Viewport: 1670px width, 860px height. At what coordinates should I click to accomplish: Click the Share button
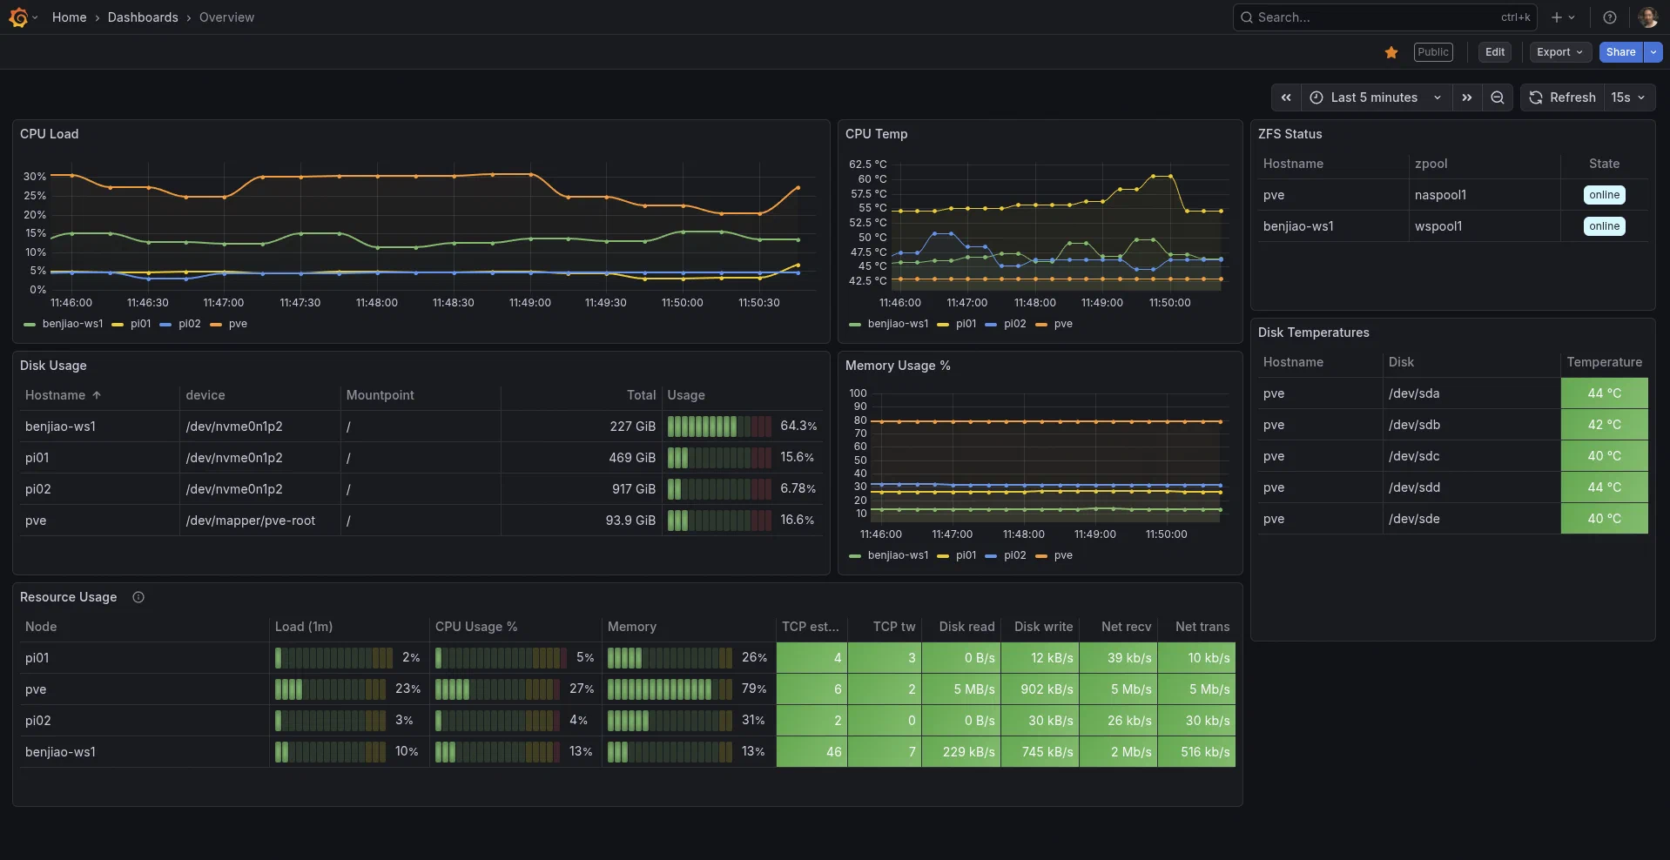[x=1619, y=52]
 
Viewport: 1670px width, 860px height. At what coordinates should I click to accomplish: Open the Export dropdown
[x=1559, y=52]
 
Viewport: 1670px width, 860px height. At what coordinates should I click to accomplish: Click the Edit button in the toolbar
[x=1494, y=52]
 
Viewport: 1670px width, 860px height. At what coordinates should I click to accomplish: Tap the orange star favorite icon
[x=1391, y=52]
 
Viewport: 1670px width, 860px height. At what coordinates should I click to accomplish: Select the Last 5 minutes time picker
[x=1375, y=97]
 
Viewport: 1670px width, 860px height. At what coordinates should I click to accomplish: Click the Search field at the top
[x=1376, y=17]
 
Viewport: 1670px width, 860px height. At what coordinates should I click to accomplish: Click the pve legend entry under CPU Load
[x=237, y=324]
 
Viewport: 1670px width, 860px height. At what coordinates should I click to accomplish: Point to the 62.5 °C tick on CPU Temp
[x=867, y=165]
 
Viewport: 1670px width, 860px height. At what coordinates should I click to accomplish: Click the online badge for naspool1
[x=1604, y=195]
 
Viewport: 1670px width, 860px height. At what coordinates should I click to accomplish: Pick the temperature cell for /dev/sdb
[x=1604, y=425]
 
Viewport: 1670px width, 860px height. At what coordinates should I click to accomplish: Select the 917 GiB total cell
[x=633, y=489]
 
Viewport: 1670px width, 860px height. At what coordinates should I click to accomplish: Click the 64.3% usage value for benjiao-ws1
[x=798, y=427]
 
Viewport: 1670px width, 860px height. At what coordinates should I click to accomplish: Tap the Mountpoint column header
[x=380, y=395]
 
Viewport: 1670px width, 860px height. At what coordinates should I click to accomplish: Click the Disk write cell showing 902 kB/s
[x=1046, y=689]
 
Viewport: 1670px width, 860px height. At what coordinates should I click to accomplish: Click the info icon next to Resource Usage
[x=138, y=597]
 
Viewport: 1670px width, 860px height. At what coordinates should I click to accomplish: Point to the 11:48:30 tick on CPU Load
[x=453, y=303]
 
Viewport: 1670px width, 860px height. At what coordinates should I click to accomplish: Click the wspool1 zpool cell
[x=1438, y=226]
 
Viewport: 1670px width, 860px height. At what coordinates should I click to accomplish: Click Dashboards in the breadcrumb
[x=143, y=17]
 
